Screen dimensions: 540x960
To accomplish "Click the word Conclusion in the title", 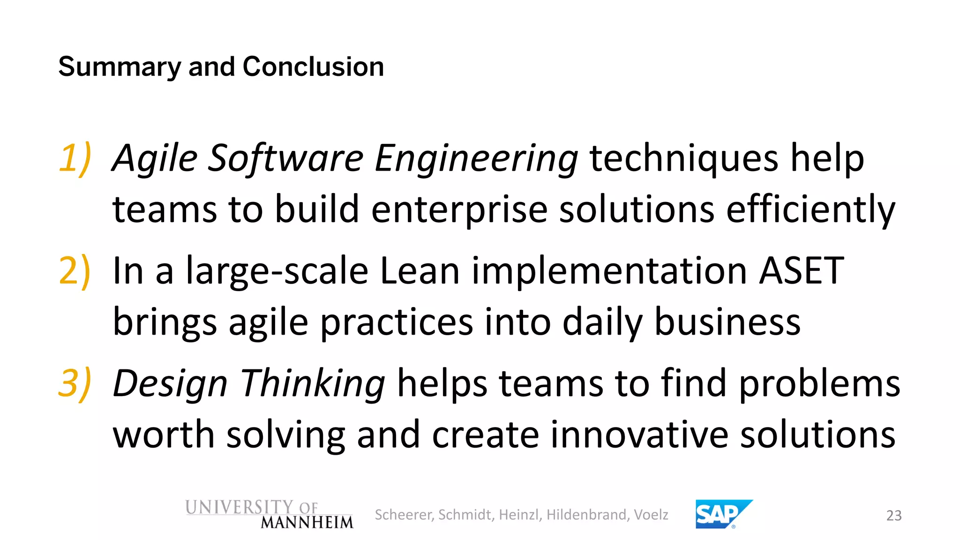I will coord(313,67).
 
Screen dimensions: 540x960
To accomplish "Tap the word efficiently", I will coord(810,209).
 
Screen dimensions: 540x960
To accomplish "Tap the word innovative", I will coord(639,434).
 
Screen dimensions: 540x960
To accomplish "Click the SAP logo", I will coord(722,514).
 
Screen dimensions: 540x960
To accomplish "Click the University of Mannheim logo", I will coord(269,514).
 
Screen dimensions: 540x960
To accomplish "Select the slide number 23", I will coord(894,516).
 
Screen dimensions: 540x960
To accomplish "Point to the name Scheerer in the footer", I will coord(404,515).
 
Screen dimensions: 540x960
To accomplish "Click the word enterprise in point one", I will coord(459,209).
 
